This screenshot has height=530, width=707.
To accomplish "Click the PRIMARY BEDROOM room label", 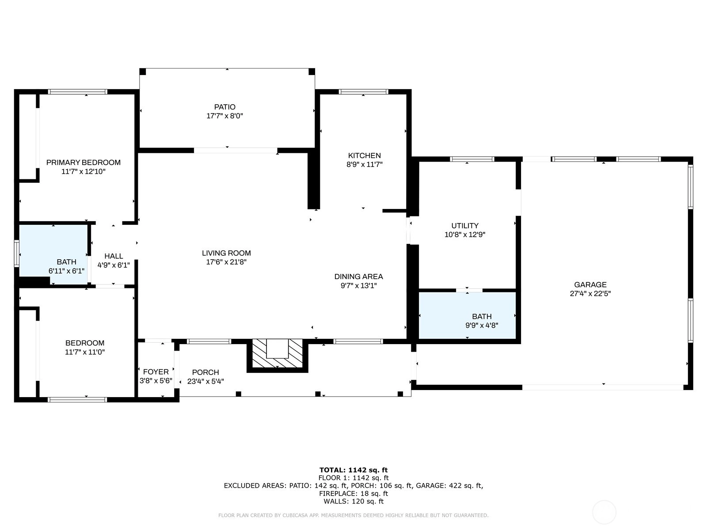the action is [x=84, y=163].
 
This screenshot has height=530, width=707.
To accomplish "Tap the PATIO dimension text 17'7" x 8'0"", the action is [x=225, y=116].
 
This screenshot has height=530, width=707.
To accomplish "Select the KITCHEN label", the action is [x=365, y=155].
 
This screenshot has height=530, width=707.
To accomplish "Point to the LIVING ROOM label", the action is [x=226, y=253].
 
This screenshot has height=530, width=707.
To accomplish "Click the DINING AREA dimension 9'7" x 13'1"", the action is [x=359, y=285].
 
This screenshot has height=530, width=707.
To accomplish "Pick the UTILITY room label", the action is [x=465, y=226].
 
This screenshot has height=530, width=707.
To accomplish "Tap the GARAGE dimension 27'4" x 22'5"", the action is [x=590, y=293].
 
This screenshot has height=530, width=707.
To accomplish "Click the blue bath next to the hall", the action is [x=53, y=254].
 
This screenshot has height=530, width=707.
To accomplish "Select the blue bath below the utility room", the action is [x=467, y=315].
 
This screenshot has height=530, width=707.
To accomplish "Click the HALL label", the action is [x=114, y=256].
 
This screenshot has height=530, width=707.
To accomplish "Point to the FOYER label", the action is [x=156, y=372].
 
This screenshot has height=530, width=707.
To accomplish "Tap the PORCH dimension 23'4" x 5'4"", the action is [x=205, y=381].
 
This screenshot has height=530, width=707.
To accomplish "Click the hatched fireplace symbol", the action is [x=277, y=355].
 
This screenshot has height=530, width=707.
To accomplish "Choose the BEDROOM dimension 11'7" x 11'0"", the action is [x=85, y=352].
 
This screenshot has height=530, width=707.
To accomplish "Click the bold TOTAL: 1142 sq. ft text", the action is [x=353, y=470].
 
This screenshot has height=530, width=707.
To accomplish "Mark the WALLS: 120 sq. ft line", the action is [x=353, y=501].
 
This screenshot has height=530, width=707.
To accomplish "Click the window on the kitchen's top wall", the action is [x=363, y=92].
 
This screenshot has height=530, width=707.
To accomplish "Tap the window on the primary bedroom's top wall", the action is [x=78, y=92].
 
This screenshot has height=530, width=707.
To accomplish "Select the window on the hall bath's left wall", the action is [x=16, y=254].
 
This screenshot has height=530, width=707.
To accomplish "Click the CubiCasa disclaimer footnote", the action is [x=353, y=515].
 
